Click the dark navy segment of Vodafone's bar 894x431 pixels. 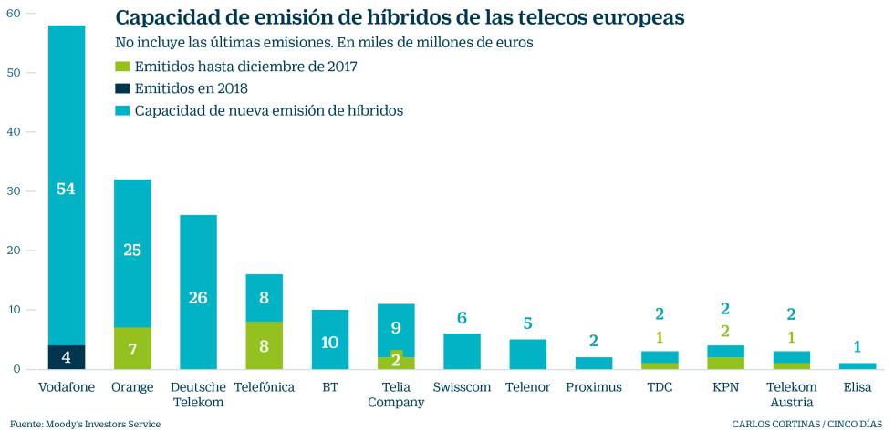(66, 357)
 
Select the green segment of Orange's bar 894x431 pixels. (132, 349)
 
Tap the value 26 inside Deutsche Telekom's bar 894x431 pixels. (198, 297)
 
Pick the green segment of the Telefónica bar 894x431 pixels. (264, 345)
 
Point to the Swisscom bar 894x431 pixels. (462, 351)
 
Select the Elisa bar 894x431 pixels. (857, 365)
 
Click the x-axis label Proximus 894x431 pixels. (593, 387)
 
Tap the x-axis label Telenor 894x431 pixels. (527, 387)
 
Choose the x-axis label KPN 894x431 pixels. (725, 387)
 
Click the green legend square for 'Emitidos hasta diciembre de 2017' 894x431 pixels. (123, 67)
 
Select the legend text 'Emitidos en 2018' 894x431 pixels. (192, 88)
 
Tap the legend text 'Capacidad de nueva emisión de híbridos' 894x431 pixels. (268, 110)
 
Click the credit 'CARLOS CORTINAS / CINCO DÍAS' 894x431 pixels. (807, 424)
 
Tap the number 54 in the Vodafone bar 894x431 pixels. (66, 189)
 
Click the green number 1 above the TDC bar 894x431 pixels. (659, 337)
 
